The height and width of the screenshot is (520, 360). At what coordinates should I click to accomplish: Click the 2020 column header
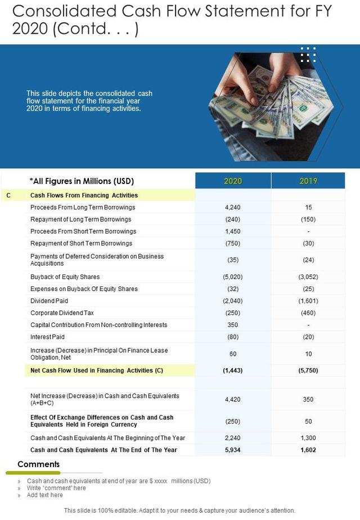pos(233,181)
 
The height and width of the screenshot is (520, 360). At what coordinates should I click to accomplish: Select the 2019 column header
pos(308,181)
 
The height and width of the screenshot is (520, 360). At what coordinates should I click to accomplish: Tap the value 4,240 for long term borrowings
pos(233,207)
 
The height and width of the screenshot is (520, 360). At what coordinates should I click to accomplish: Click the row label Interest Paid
pos(47,337)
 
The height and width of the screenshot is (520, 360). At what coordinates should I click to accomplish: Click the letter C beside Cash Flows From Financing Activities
pos(8,195)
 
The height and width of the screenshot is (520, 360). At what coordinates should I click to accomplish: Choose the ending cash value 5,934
pos(233,450)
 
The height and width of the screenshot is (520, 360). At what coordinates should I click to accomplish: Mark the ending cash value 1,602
pos(308,450)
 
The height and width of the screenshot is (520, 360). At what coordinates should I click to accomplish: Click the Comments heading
pos(38,464)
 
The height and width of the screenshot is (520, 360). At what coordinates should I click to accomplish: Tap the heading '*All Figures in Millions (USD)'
pos(82,181)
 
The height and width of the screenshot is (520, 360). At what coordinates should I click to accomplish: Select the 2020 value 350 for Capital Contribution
pos(233,325)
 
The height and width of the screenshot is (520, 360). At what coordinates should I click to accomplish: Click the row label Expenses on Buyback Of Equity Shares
pos(84,289)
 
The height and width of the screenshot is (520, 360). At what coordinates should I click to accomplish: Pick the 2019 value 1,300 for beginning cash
pos(308,438)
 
